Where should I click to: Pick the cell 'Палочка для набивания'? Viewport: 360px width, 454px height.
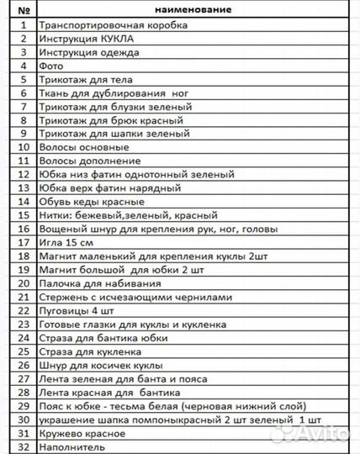pyautogui.click(x=93, y=284)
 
